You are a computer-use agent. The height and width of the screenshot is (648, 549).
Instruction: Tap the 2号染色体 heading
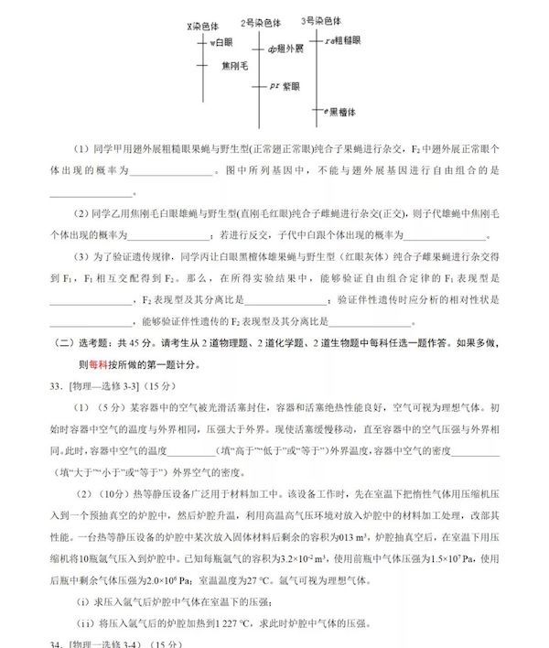coord(261,22)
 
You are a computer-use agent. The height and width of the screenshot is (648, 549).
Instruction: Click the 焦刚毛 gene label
coord(234,66)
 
